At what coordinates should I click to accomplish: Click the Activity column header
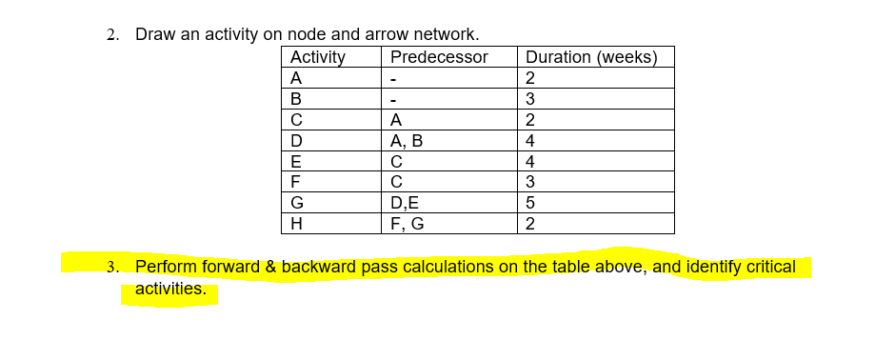coord(317,57)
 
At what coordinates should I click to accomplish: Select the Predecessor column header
coord(439,57)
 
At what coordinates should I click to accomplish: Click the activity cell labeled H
coord(296,225)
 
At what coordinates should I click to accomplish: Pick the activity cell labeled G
coord(297,204)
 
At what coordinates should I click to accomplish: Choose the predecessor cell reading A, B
coord(407,141)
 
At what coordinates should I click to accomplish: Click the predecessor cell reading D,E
coord(405,204)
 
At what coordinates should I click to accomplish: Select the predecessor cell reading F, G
coord(407,225)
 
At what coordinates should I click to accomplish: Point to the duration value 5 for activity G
coord(530,204)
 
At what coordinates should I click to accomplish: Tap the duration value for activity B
coord(530,99)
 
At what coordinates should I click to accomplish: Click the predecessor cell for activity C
coord(396,120)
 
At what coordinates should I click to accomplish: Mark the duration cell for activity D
coord(530,141)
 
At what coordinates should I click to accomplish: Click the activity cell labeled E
coord(296,162)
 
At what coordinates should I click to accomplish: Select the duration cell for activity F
coord(530,183)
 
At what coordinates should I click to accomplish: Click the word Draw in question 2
coord(155,34)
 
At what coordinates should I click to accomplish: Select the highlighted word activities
coord(170,289)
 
